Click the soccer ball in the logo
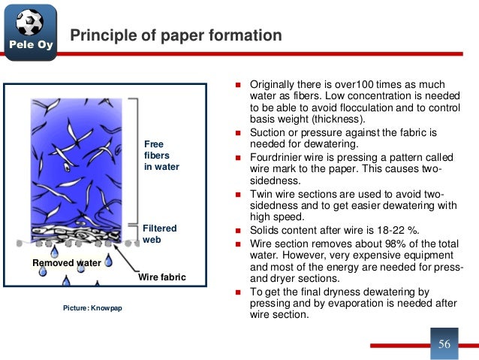pyautogui.click(x=29, y=23)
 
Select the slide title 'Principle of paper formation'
pyautogui.click(x=176, y=35)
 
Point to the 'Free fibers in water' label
pyautogui.click(x=161, y=155)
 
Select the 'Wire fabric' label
pyautogui.click(x=162, y=278)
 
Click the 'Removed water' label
pyautogui.click(x=66, y=263)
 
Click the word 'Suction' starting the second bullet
pyautogui.click(x=267, y=132)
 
